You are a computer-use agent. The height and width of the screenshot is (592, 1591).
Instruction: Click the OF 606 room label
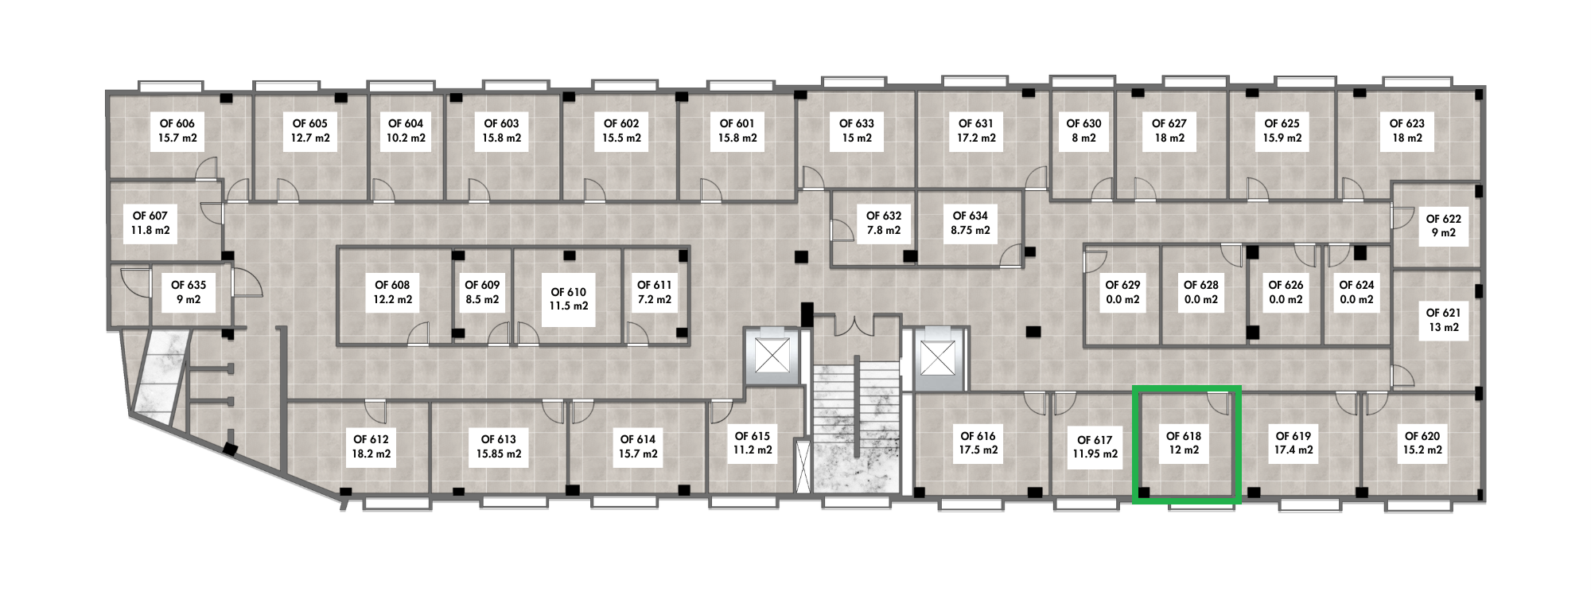tap(177, 123)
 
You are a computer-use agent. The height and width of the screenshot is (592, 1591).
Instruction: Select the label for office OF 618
tap(1184, 436)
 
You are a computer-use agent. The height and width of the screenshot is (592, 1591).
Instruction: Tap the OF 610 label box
tap(568, 292)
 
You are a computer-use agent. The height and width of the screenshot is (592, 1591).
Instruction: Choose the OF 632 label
tap(884, 216)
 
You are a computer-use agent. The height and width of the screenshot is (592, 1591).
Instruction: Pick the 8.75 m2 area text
tap(971, 231)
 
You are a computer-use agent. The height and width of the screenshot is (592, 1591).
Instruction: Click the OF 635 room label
tap(189, 285)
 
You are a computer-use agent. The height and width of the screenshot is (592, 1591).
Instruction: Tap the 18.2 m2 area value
tap(371, 454)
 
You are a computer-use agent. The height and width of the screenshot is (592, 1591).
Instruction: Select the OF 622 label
tap(1443, 219)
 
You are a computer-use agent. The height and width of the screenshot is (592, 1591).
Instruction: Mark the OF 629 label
tap(1122, 285)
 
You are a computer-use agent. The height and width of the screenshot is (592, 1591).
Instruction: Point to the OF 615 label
tap(753, 436)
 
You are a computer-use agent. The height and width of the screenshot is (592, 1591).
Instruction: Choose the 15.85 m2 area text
tap(499, 454)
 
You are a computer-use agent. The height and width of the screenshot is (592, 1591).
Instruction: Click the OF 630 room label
tap(1083, 123)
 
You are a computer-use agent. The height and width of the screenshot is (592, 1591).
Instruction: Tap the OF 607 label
tap(150, 216)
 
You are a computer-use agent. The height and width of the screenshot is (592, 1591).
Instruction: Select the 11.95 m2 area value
tap(1095, 454)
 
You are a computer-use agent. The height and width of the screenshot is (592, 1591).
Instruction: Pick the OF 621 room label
tap(1443, 313)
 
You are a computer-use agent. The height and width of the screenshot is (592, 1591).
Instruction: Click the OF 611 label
tap(655, 285)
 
